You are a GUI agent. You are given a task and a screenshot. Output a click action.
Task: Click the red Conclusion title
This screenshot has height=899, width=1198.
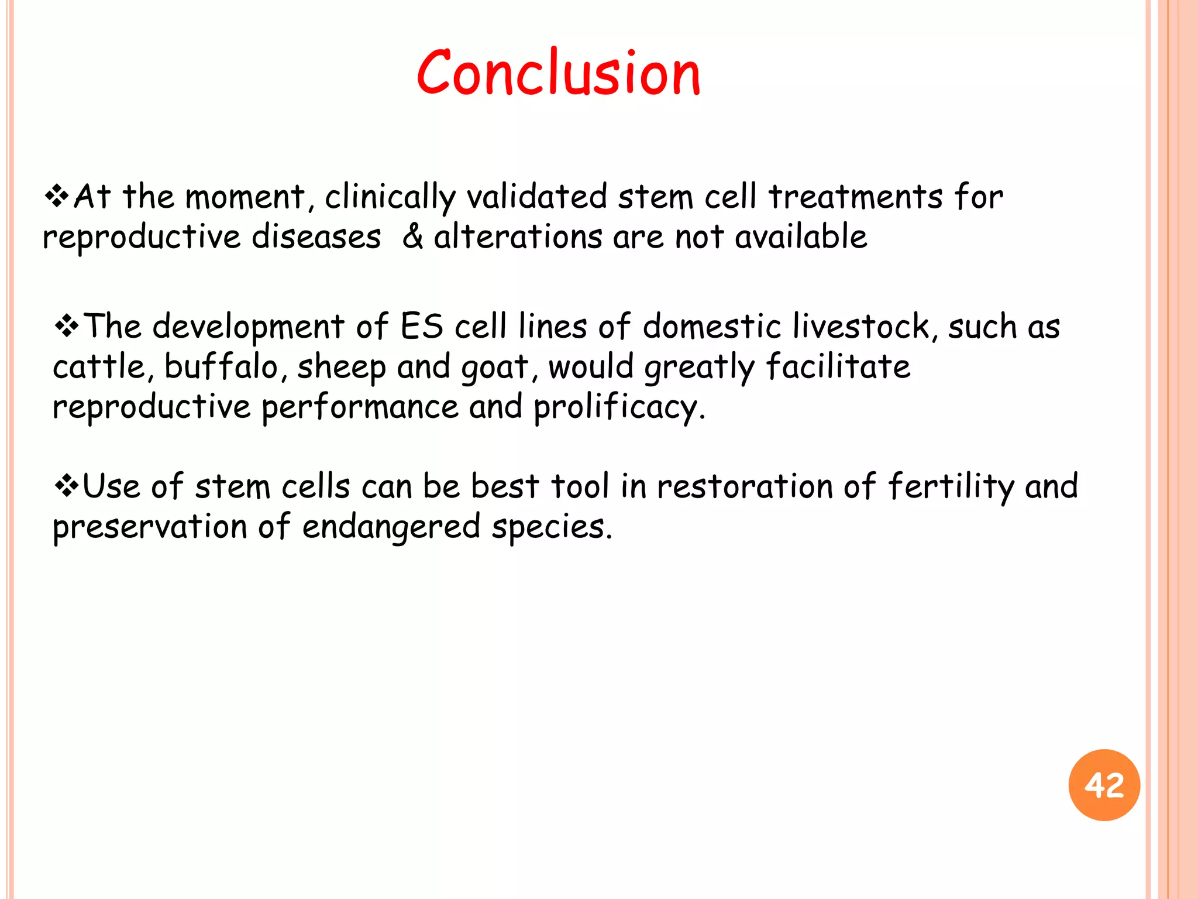click(x=559, y=73)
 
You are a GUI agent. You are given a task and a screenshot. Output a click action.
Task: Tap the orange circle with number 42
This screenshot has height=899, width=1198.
click(x=1104, y=785)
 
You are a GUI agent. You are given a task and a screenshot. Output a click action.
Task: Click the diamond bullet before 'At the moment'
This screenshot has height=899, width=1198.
click(x=57, y=196)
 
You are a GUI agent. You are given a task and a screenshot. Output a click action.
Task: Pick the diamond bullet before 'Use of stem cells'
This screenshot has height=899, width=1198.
click(x=66, y=486)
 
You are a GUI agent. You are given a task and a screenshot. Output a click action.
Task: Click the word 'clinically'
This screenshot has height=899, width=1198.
click(x=390, y=197)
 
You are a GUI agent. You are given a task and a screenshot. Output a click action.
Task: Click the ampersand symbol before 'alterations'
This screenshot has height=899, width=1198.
click(x=413, y=236)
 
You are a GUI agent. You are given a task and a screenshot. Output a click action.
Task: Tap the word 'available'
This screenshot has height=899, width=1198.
click(x=800, y=236)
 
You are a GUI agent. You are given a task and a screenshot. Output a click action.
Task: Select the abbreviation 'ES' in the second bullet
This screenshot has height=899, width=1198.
click(x=421, y=326)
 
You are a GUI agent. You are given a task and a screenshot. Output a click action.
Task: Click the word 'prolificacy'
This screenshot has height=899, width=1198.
click(x=618, y=407)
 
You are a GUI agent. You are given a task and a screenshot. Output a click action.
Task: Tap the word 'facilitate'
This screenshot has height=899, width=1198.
click(x=838, y=367)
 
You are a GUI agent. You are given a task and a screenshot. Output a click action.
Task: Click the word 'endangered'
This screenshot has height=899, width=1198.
click(x=391, y=527)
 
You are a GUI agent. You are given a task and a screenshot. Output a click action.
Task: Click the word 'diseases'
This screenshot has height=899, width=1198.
click(x=316, y=236)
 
